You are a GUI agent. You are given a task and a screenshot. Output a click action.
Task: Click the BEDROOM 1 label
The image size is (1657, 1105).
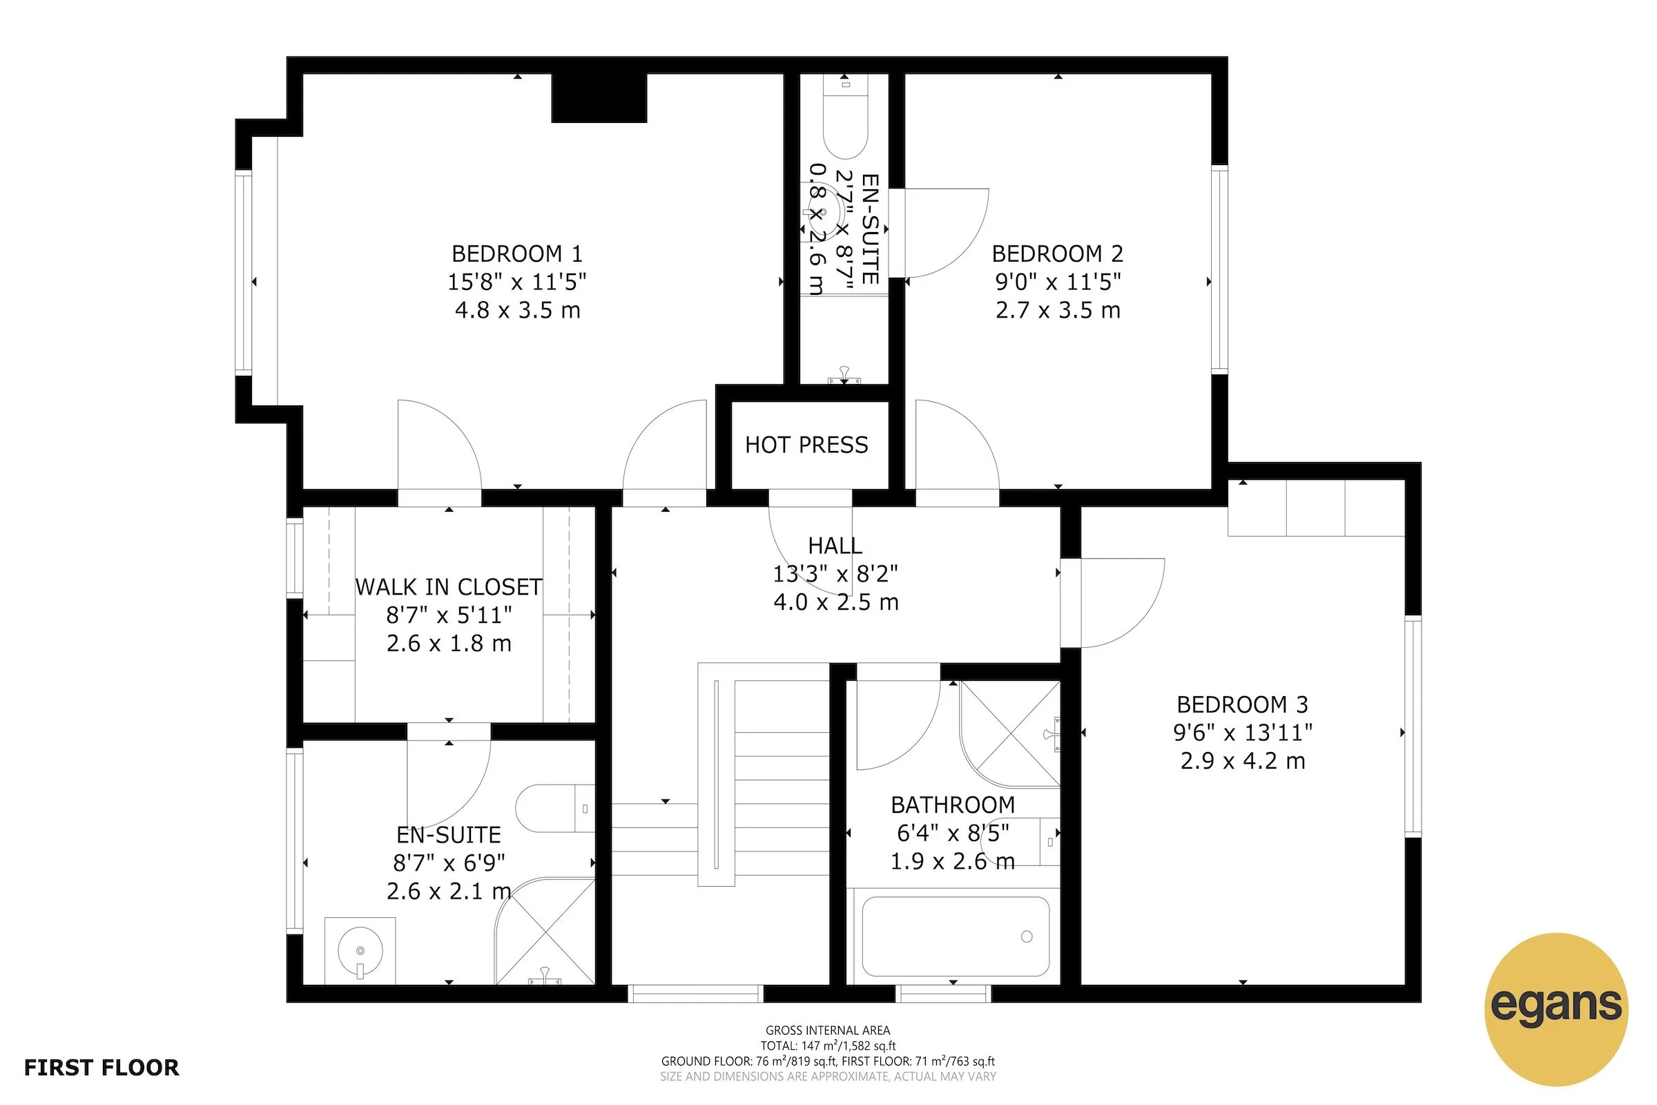coord(517,253)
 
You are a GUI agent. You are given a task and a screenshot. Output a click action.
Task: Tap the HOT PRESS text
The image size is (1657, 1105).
coord(806,445)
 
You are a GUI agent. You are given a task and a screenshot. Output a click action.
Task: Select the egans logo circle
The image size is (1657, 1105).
coord(1556,1009)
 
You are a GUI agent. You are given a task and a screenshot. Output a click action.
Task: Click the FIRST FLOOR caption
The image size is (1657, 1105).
coord(101,1068)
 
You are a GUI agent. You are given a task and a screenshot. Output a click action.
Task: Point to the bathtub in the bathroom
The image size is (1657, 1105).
coord(956,936)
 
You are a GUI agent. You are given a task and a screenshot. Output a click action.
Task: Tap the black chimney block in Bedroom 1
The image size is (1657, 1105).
coord(599,98)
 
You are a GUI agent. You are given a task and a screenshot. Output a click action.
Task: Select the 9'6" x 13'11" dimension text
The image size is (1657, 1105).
coord(1242,733)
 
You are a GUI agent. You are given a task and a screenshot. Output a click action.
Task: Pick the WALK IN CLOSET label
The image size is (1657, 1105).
coord(449,587)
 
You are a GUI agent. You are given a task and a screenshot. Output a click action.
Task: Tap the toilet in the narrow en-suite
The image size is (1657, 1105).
coord(845,119)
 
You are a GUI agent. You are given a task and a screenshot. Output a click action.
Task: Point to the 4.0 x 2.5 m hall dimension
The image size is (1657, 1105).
coord(835,602)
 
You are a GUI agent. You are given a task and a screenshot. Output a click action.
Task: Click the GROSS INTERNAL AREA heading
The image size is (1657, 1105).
coord(828,1030)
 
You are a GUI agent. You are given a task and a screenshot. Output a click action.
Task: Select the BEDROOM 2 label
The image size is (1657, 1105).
coord(1058,253)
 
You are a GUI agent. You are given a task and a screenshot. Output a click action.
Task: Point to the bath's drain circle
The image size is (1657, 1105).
coord(1027,936)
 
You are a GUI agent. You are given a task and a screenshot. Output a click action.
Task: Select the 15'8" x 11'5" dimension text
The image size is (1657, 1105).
coord(517,282)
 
